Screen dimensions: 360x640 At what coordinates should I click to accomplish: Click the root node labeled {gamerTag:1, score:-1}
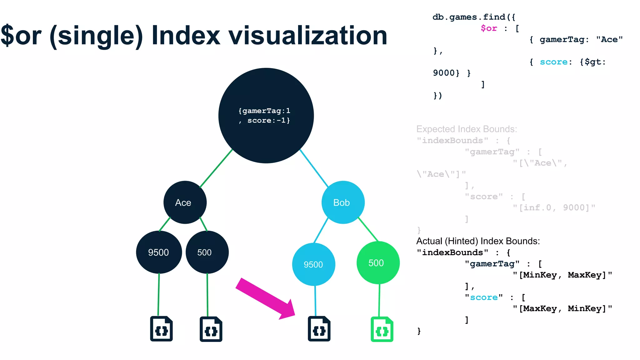pyautogui.click(x=266, y=116)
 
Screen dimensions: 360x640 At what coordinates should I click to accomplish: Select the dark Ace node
pyautogui.click(x=185, y=202)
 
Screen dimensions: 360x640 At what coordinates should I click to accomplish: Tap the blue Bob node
pyautogui.click(x=343, y=202)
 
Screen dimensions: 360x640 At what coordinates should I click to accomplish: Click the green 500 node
pyautogui.click(x=378, y=263)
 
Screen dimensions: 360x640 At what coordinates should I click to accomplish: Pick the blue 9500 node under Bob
pyautogui.click(x=313, y=264)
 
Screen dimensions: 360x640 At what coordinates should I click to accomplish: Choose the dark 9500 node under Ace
pyautogui.click(x=159, y=252)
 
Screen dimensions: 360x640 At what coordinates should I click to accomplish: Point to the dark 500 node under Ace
pyautogui.click(x=207, y=252)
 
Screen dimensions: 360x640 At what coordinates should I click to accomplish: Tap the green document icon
pyautogui.click(x=382, y=329)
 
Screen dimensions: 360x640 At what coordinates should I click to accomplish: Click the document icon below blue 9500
pyautogui.click(x=319, y=329)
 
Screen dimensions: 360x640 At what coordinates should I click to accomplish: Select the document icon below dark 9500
pyautogui.click(x=161, y=329)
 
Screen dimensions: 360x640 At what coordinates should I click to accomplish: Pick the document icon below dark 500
pyautogui.click(x=211, y=329)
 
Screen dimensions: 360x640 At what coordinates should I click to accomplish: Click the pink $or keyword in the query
pyautogui.click(x=489, y=28)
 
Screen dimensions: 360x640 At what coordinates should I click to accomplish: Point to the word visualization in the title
pyautogui.click(x=308, y=35)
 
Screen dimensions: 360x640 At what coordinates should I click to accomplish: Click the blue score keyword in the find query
pyautogui.click(x=553, y=62)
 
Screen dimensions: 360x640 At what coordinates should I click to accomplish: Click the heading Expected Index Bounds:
pyautogui.click(x=467, y=129)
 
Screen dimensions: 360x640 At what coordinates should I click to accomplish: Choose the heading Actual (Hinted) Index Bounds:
pyautogui.click(x=478, y=241)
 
